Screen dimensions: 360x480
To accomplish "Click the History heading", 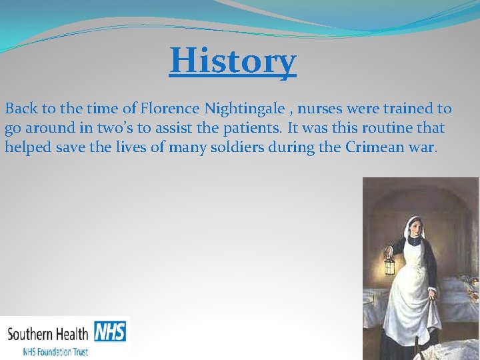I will pos(233,61).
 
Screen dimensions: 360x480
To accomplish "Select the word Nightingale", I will pos(243,109).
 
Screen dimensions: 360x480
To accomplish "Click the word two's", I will pos(116,127).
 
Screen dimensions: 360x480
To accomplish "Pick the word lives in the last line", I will pos(127,147).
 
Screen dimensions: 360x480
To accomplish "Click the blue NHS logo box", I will pos(110,331).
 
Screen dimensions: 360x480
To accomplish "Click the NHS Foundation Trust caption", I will pos(55,351).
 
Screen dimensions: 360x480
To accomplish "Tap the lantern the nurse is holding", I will pos(389,264).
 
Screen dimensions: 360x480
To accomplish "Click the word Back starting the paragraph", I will pos(21,108).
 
